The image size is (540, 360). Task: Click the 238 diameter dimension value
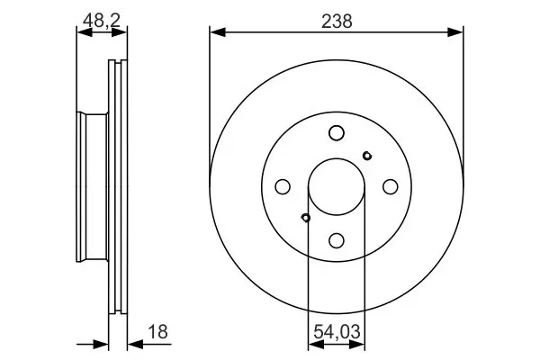337,21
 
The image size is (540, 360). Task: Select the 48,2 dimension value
102,21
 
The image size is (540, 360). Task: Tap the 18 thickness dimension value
157,332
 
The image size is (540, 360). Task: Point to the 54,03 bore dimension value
337,332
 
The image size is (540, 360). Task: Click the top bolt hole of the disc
337,133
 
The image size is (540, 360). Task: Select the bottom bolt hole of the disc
337,240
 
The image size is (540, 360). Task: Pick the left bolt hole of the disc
283,186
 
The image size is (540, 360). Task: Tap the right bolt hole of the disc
391,186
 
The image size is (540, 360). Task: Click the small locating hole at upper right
367,156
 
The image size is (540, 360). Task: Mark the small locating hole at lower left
305,218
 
